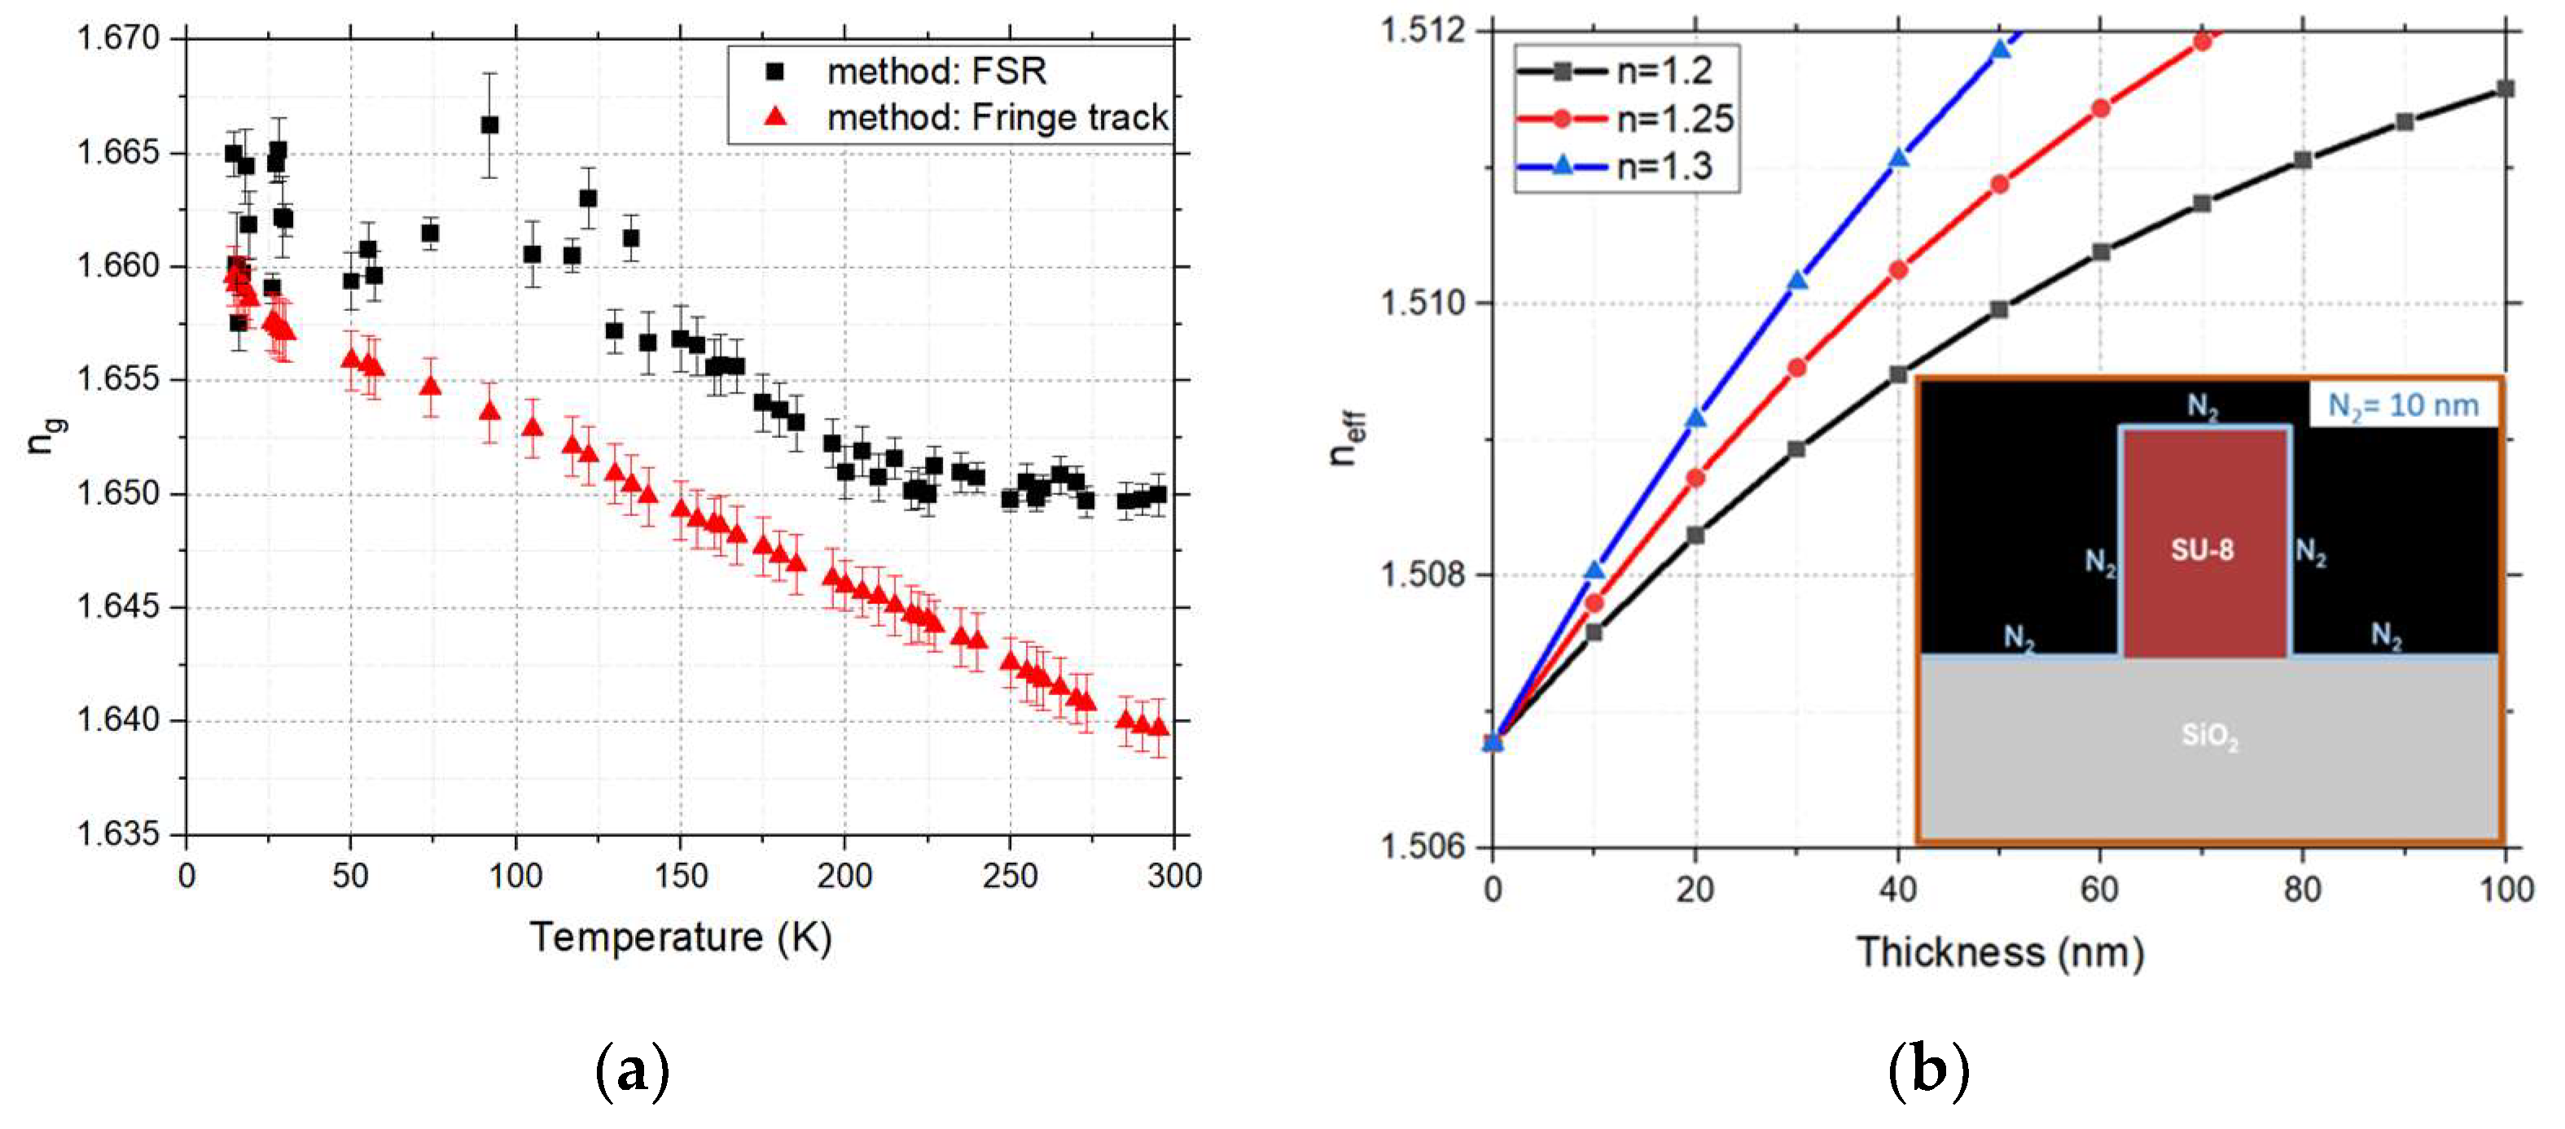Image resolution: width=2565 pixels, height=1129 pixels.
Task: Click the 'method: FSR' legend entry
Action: point(936,72)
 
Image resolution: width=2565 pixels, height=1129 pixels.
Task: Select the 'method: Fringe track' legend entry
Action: point(996,117)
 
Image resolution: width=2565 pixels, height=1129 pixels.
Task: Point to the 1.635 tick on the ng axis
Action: point(119,834)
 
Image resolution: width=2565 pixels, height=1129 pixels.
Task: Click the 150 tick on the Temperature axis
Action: point(681,876)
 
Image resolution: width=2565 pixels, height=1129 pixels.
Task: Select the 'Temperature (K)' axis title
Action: point(681,937)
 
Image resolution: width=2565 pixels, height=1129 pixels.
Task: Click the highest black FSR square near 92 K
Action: point(489,125)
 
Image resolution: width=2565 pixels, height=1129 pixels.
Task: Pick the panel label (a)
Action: point(631,1071)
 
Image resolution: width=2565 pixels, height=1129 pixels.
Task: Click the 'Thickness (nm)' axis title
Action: point(1999,953)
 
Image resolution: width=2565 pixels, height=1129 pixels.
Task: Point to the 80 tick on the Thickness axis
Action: point(2302,888)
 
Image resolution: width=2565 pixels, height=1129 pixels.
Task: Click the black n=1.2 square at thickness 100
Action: point(2506,89)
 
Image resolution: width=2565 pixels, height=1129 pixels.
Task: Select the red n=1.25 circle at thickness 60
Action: point(2100,107)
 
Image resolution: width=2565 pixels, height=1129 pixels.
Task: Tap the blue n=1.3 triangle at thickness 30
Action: point(1797,282)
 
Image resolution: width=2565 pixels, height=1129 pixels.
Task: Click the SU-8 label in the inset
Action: point(2202,549)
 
